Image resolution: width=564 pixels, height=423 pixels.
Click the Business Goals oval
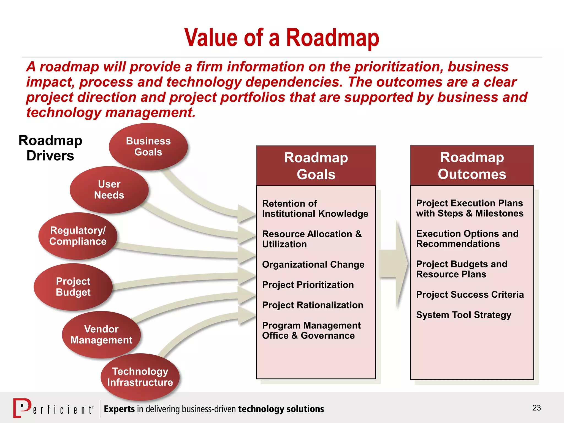(148, 147)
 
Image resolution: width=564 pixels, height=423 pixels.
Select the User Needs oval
(109, 190)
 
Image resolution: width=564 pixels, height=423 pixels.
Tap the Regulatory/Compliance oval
(78, 236)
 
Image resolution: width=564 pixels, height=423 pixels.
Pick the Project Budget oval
(73, 287)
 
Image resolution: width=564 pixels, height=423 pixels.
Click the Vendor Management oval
(101, 335)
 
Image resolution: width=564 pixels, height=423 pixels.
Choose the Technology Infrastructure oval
(140, 377)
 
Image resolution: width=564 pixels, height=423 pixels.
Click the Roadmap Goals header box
(316, 166)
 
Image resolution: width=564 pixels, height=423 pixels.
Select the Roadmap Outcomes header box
(472, 166)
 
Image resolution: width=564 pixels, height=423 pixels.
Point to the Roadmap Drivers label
(50, 148)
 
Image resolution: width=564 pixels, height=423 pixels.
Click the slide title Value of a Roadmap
(281, 38)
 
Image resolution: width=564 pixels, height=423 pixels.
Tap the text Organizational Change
(313, 265)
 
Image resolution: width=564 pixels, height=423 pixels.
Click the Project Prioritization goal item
(308, 285)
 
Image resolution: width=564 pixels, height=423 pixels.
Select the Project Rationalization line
(313, 305)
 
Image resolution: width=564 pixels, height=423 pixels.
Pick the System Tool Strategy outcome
(463, 315)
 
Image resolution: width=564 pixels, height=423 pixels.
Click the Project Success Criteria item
(470, 295)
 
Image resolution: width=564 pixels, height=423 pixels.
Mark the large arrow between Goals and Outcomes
(394, 264)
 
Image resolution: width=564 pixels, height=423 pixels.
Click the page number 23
(536, 408)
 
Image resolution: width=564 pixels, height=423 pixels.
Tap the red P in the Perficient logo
(22, 408)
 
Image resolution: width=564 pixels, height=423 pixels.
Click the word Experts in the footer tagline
(119, 409)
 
